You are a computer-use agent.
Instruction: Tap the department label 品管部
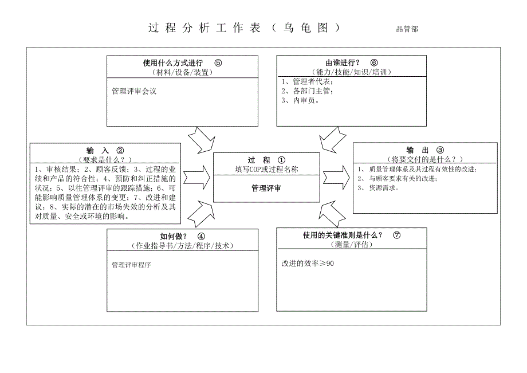[x=407, y=29]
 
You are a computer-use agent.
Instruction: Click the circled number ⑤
[x=218, y=63]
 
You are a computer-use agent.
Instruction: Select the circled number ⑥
[x=373, y=63]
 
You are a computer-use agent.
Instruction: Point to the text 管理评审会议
[x=134, y=91]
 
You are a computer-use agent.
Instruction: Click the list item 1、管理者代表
[x=308, y=81]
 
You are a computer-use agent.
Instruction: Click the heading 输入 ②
[x=105, y=150]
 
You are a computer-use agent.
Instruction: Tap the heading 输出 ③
[x=424, y=150]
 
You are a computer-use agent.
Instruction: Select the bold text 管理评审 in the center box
[x=266, y=187]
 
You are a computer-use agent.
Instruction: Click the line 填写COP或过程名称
[x=266, y=170]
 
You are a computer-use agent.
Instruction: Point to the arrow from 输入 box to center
[x=196, y=173]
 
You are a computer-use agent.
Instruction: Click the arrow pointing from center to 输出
[x=336, y=174]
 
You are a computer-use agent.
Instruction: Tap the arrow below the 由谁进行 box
[x=333, y=140]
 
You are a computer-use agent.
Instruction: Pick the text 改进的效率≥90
[x=307, y=264]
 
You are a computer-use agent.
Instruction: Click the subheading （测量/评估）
[x=351, y=245]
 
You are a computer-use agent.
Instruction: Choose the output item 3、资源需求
[x=374, y=187]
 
